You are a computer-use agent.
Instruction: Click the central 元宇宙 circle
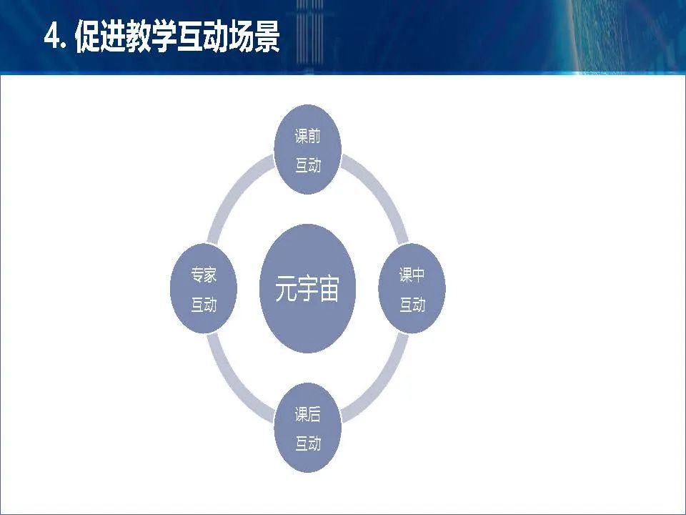click(x=307, y=288)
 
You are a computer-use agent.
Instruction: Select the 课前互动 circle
click(x=307, y=149)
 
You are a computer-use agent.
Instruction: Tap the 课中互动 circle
click(x=412, y=288)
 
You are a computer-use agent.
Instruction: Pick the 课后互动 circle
click(x=307, y=428)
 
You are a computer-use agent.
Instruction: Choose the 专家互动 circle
click(x=204, y=288)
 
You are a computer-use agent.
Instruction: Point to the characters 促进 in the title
click(x=100, y=36)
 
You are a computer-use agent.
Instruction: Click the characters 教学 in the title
click(x=151, y=36)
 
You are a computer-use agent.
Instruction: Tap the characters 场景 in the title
click(x=254, y=36)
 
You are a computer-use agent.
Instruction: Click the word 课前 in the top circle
click(x=307, y=136)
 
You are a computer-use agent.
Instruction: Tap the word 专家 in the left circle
click(x=204, y=275)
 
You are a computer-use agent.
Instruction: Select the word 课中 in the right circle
click(x=412, y=275)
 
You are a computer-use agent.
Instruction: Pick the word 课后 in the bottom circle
click(x=307, y=414)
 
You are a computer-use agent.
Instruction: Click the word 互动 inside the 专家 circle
click(x=204, y=305)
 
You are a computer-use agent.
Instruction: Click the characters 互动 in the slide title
click(x=202, y=36)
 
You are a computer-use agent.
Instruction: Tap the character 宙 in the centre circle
click(x=329, y=288)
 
